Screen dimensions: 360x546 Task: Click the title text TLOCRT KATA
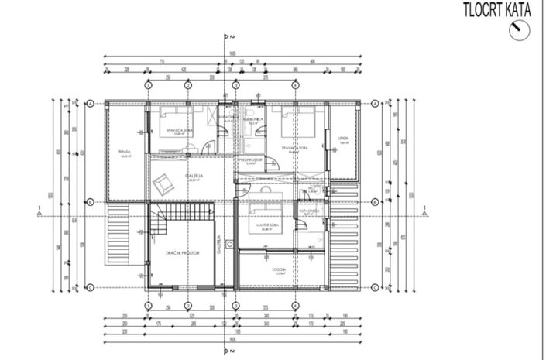496,10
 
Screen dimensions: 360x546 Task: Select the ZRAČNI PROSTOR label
184,253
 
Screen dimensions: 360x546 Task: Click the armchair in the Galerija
165,184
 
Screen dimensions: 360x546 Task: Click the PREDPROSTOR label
251,159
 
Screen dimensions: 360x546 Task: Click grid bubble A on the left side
91,103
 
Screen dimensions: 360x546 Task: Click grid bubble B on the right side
374,203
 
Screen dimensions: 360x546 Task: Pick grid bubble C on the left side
91,288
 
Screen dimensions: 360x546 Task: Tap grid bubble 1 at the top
147,85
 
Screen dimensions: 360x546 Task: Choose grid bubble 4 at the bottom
295,305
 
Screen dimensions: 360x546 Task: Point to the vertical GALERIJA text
219,246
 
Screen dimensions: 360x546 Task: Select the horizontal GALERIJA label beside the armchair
194,177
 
